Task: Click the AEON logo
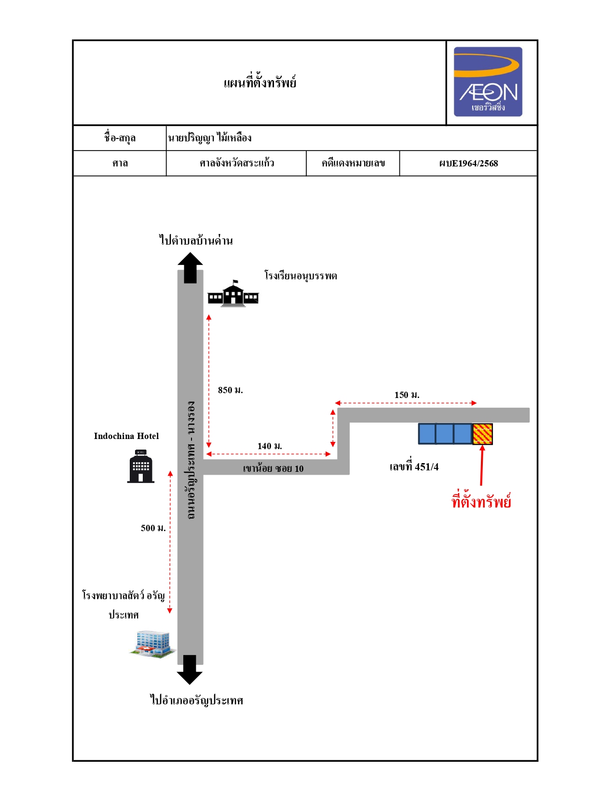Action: (488, 82)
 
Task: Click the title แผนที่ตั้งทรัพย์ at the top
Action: (260, 82)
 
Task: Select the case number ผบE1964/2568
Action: (468, 164)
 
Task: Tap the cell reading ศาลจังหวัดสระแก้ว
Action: (237, 163)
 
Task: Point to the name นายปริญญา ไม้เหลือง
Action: (209, 138)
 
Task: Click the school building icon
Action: (233, 293)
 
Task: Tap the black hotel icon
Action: (141, 466)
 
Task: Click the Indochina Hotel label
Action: (126, 436)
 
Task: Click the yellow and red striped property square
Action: (482, 434)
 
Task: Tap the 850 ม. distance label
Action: (231, 390)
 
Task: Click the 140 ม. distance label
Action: (270, 446)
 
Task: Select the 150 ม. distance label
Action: (407, 395)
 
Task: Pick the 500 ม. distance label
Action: (153, 528)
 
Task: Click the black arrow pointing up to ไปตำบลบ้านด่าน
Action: (190, 268)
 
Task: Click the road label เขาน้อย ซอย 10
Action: (273, 468)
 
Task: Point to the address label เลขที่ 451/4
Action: (414, 467)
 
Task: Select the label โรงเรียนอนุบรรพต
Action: (301, 275)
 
